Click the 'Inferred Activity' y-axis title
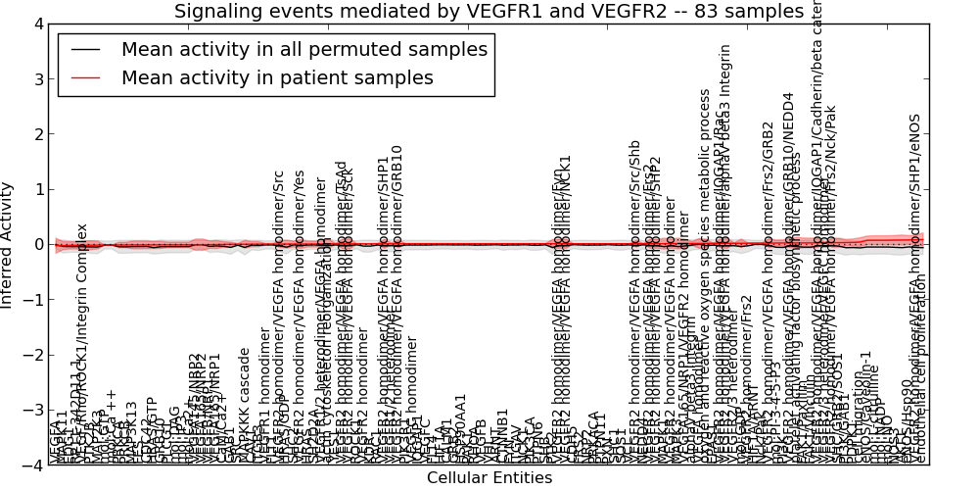coord(8,245)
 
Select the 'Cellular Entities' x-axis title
coord(489,478)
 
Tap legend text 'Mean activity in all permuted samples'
coord(303,49)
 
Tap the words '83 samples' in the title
coord(750,11)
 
